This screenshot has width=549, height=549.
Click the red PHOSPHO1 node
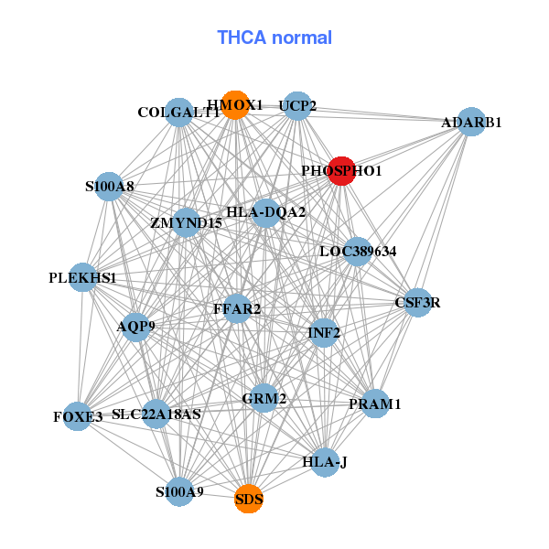[x=341, y=170]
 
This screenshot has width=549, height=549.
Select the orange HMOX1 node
[x=235, y=105]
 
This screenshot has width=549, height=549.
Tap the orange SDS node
[x=249, y=500]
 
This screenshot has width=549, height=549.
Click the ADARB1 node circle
[x=470, y=122]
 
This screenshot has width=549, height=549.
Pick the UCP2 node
[x=296, y=106]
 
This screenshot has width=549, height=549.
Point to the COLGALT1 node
[x=179, y=113]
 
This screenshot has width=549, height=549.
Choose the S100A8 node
[x=110, y=187]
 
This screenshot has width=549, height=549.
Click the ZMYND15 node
[x=186, y=222]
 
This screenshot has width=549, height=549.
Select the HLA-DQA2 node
[x=265, y=212]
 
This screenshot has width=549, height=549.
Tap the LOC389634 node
[x=357, y=251]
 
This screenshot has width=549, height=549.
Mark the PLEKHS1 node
[x=83, y=277]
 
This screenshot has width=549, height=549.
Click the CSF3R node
[x=417, y=302]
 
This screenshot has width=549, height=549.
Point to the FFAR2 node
[x=237, y=308]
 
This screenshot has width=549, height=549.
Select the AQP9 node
[x=135, y=326]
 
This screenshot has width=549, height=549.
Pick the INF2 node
[x=324, y=332]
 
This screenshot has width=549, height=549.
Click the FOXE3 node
[x=77, y=416]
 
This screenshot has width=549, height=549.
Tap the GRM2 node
[x=264, y=398]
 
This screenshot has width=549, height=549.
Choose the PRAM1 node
[x=375, y=404]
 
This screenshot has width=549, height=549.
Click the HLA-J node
[x=325, y=461]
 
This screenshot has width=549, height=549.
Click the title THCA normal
[x=274, y=38]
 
